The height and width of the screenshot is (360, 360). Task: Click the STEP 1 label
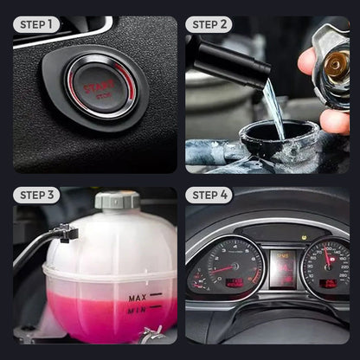coord(36,24)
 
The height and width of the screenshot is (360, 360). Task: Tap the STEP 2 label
coord(209,24)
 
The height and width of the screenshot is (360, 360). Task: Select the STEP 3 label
coord(36,196)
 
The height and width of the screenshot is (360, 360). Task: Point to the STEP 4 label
coord(209,196)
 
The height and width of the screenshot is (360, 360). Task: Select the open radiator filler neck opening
coord(280,138)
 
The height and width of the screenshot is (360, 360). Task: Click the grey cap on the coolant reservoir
coord(117,201)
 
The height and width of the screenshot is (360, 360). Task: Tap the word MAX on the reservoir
coord(137,299)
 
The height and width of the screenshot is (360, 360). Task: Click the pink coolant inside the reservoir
coord(95,316)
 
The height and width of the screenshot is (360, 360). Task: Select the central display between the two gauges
coord(283,268)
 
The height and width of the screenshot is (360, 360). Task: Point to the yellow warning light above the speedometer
coord(304,235)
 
